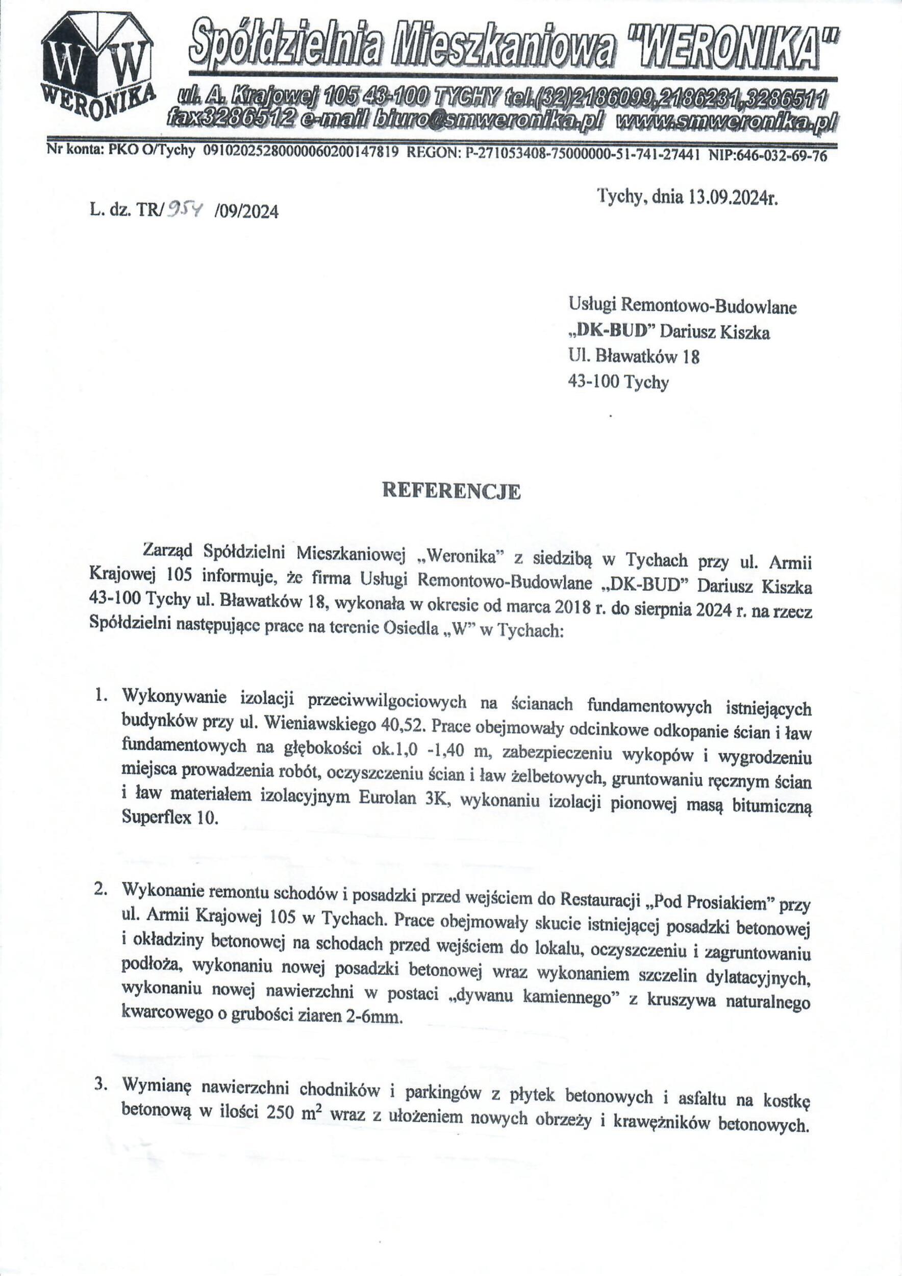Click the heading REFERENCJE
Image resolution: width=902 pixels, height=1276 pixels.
(450, 492)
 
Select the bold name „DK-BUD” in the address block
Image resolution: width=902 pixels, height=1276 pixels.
(611, 332)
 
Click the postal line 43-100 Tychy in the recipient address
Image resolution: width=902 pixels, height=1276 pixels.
(618, 382)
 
